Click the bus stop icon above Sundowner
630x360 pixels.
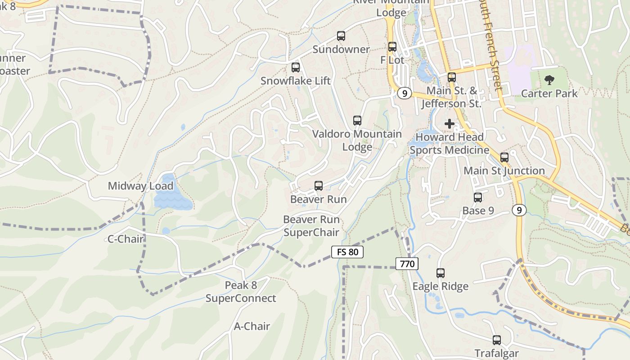341,36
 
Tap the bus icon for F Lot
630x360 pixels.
392,46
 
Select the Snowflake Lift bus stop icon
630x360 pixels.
296,67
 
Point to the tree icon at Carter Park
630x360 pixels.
549,81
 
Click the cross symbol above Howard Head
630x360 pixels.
449,124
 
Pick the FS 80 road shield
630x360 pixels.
347,252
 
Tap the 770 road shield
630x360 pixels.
407,264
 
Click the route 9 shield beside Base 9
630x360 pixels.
519,210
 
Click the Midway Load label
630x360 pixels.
140,186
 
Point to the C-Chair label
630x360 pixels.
125,239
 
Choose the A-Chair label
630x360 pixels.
252,326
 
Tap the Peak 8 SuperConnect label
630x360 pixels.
241,292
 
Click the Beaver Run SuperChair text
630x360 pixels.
311,226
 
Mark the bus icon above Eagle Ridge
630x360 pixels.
441,273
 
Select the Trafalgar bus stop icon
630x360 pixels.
497,340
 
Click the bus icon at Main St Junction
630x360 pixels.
504,157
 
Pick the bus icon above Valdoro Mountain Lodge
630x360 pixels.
357,121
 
